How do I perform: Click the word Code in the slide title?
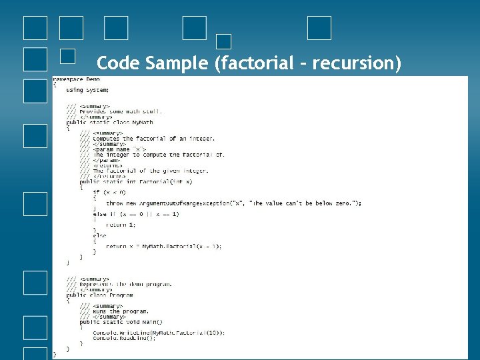117,63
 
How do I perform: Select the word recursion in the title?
357,63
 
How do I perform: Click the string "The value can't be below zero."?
307,203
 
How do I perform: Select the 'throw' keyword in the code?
116,203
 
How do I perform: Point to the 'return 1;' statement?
121,225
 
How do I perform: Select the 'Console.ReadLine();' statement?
124,338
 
